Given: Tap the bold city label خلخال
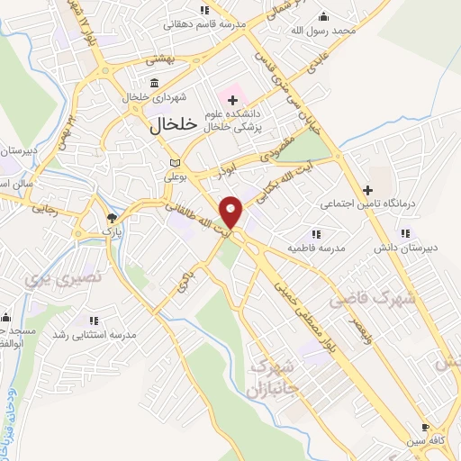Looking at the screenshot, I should [x=170, y=128].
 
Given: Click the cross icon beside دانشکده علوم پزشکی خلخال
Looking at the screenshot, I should [x=232, y=97].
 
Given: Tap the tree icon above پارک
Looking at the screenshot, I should [x=112, y=218].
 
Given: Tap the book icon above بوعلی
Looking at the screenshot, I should [x=174, y=162].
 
